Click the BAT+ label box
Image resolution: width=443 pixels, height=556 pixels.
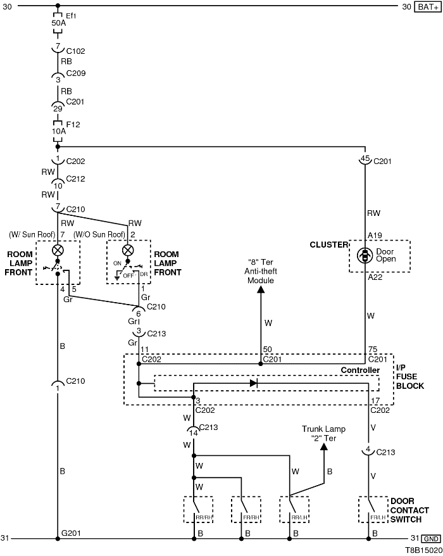click(x=427, y=7)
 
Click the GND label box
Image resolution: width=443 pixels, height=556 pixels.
click(x=430, y=539)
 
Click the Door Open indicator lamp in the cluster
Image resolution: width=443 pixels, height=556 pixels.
click(x=365, y=255)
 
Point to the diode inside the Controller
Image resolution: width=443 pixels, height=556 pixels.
click(x=254, y=383)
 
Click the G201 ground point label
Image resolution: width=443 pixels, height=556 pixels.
click(x=70, y=534)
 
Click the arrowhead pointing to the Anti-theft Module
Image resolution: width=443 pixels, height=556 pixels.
click(x=260, y=290)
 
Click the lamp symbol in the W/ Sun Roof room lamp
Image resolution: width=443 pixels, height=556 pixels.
click(x=58, y=249)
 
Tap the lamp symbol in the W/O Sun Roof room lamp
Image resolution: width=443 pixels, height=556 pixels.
click(x=128, y=250)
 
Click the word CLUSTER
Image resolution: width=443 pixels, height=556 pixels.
click(x=328, y=244)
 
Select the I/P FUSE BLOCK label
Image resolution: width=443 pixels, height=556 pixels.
click(x=409, y=376)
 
